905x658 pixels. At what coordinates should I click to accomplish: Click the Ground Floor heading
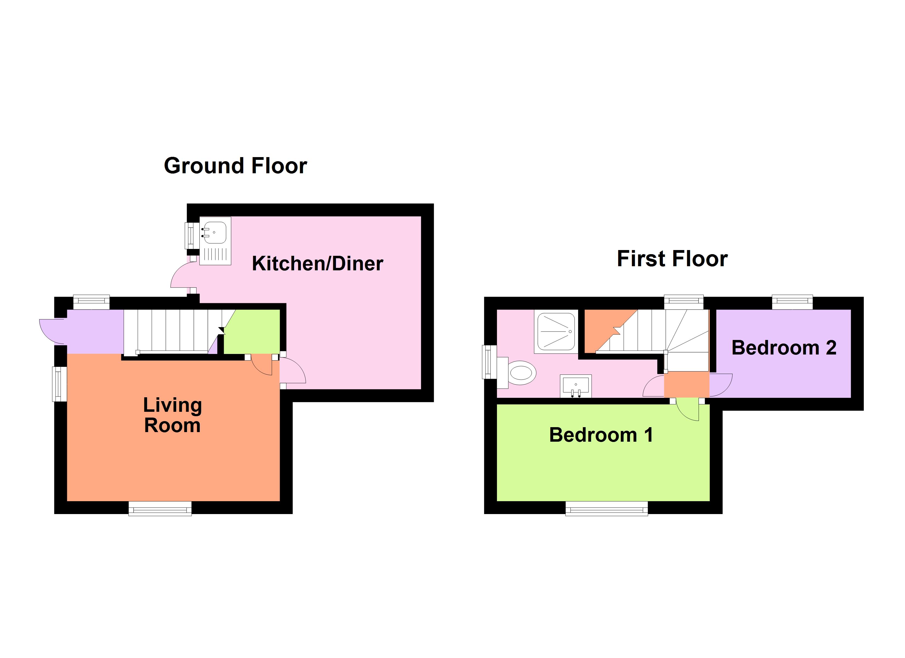coord(235,166)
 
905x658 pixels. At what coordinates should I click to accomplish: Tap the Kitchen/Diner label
coord(317,264)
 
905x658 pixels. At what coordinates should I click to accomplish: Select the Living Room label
coord(172,415)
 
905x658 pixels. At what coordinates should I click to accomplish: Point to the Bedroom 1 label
coord(601,435)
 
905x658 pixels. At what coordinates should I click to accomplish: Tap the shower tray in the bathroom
coord(556,331)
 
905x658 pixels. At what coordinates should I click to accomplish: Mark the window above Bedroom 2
coord(792,302)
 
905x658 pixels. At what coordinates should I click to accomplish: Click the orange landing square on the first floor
coord(686,384)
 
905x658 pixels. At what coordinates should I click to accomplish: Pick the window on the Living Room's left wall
coord(60,384)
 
